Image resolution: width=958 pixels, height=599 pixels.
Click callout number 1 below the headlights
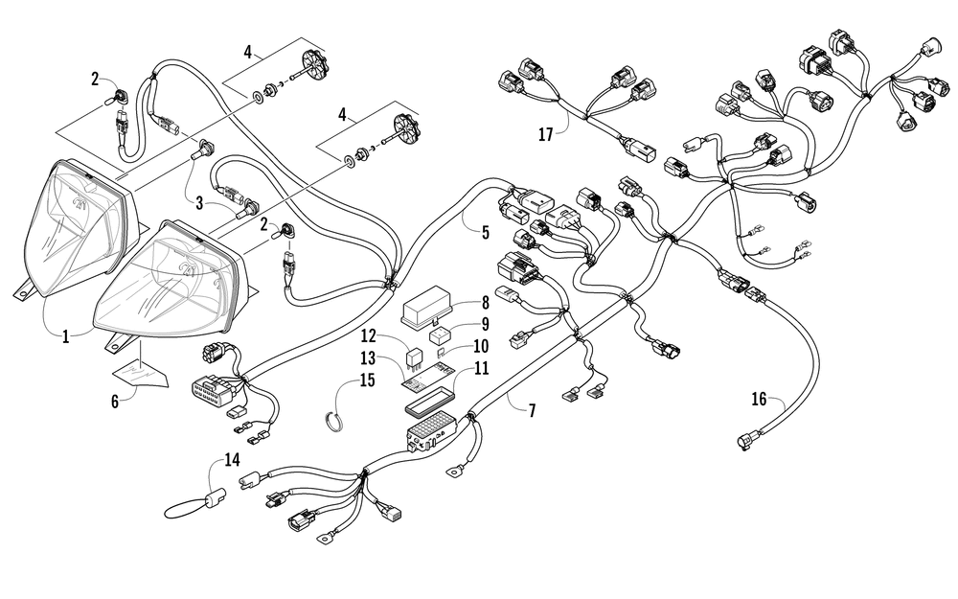(65, 337)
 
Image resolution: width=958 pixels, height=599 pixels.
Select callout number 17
(545, 134)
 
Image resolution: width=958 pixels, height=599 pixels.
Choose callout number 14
(231, 459)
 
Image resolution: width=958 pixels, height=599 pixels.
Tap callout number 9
(485, 324)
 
